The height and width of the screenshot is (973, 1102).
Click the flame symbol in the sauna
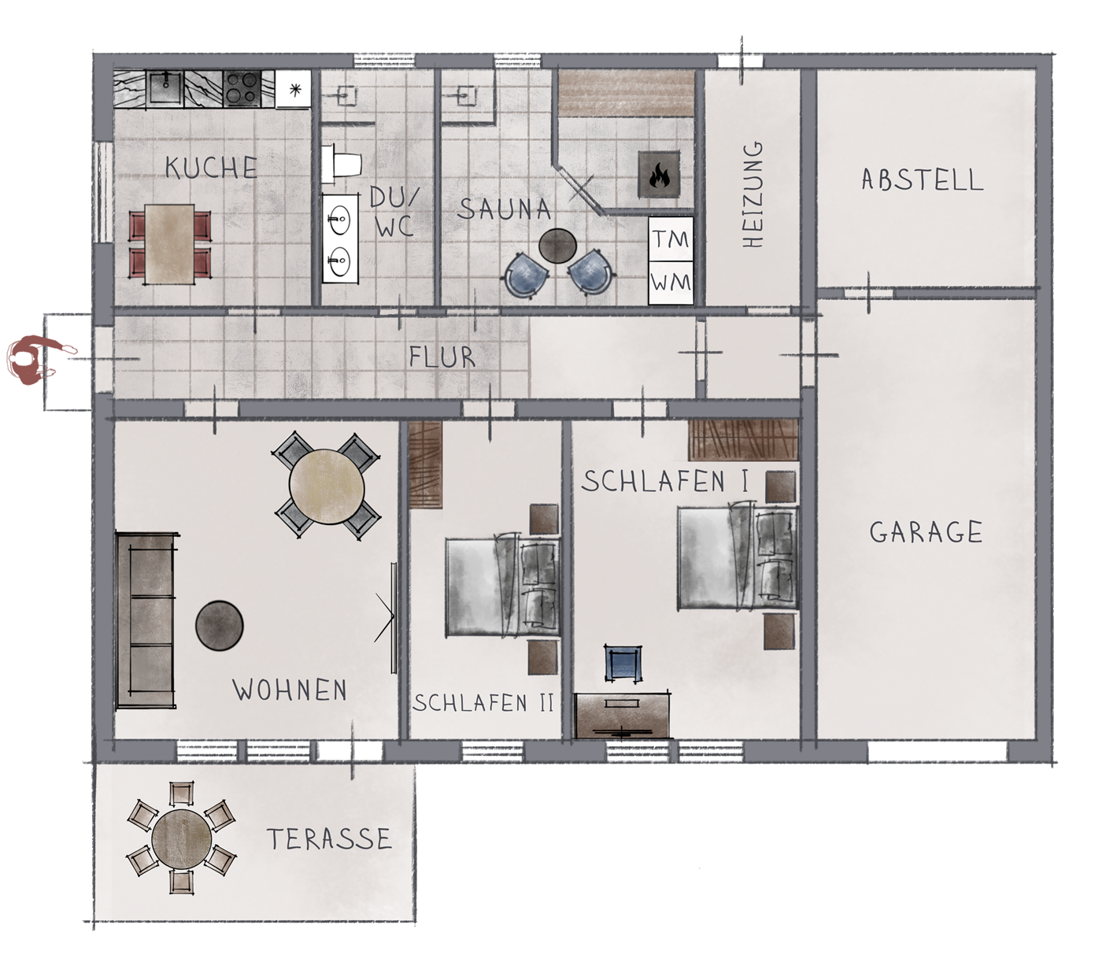pyautogui.click(x=659, y=175)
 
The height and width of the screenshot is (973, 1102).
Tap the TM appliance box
pyautogui.click(x=671, y=239)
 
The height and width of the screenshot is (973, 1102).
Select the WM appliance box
pyautogui.click(x=671, y=283)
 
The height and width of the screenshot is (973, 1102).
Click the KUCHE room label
pyautogui.click(x=211, y=168)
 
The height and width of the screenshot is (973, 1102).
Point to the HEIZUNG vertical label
pyautogui.click(x=753, y=195)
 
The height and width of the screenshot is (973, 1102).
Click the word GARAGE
pyautogui.click(x=926, y=532)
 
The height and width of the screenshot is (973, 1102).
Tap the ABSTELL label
pyautogui.click(x=923, y=179)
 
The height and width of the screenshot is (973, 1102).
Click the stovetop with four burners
pyautogui.click(x=242, y=88)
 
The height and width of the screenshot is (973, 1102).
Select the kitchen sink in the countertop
pyautogui.click(x=166, y=88)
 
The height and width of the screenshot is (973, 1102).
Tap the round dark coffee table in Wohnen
pyautogui.click(x=219, y=625)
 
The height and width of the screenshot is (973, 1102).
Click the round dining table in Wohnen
pyautogui.click(x=327, y=486)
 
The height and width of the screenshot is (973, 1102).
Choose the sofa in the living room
pyautogui.click(x=147, y=620)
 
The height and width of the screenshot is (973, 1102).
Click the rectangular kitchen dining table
pyautogui.click(x=170, y=244)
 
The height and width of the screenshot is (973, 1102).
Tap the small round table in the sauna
pyautogui.click(x=557, y=246)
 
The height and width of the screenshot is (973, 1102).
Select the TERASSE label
pyautogui.click(x=329, y=838)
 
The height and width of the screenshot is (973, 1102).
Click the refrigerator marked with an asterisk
pyautogui.click(x=294, y=89)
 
